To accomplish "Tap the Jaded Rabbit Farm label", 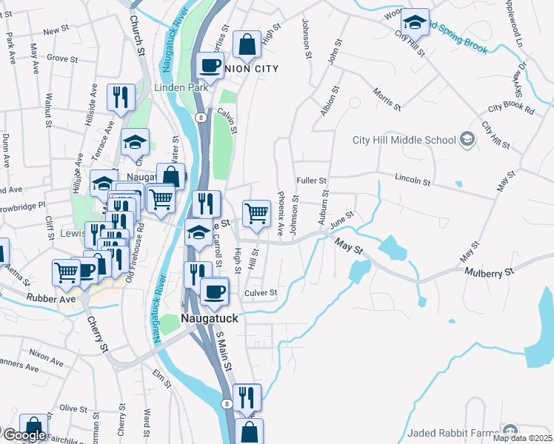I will [x=454, y=431].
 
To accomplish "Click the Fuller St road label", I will [x=311, y=181].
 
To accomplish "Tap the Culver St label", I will [x=261, y=293].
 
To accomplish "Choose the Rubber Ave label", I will [x=50, y=300].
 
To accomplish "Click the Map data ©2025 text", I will [x=523, y=438].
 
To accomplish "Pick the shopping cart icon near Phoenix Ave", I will [x=256, y=212].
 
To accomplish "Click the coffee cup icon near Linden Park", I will [x=210, y=64].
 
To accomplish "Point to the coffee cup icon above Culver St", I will [x=215, y=290].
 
